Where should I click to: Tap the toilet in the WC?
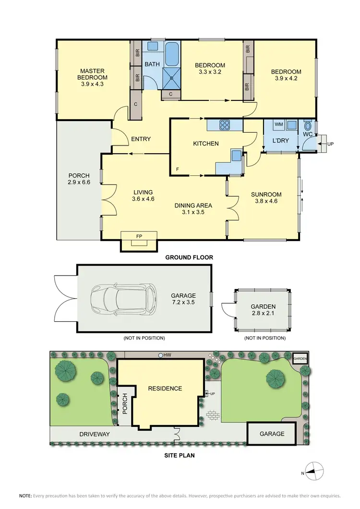308,127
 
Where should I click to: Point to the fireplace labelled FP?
139,237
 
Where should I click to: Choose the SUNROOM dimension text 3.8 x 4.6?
266,201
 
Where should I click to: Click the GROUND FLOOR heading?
189,257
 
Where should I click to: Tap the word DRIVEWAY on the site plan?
95,434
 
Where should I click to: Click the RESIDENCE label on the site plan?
165,388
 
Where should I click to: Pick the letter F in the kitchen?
178,170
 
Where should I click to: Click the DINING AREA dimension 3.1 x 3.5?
194,211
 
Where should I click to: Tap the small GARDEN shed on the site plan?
300,358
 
